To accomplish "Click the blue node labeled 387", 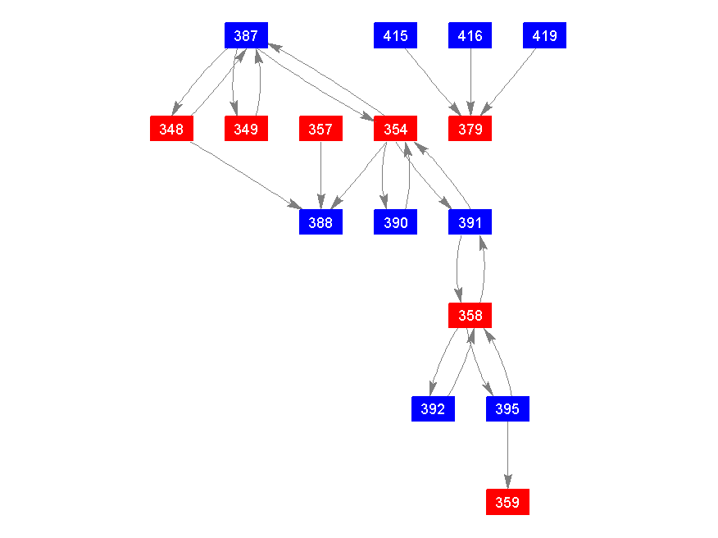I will pos(246,35).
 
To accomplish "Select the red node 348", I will pos(171,129).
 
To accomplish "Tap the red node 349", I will pos(246,129).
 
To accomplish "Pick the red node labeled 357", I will pos(320,129).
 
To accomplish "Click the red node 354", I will pos(396,129).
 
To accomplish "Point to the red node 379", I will pos(470,129).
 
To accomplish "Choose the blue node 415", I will pos(396,35).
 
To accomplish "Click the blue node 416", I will pos(470,35).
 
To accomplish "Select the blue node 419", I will pos(545,35).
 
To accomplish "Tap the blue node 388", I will pos(320,222).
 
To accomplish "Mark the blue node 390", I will pos(396,222).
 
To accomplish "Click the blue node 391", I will pos(470,222).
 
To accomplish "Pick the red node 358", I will pos(470,315).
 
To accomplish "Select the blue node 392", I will pos(433,408).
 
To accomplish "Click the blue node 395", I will pos(507,408).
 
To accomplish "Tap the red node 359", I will pos(507,502).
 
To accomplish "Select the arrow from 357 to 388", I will pos(320,176).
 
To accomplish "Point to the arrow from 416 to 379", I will pos(470,82).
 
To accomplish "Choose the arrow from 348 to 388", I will pos(246,176).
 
